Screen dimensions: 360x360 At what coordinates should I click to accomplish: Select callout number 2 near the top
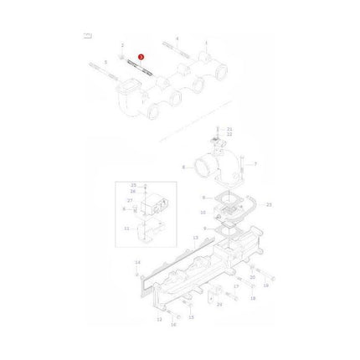[122, 44]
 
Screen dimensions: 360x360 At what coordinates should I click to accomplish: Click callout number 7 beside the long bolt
[255, 163]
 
